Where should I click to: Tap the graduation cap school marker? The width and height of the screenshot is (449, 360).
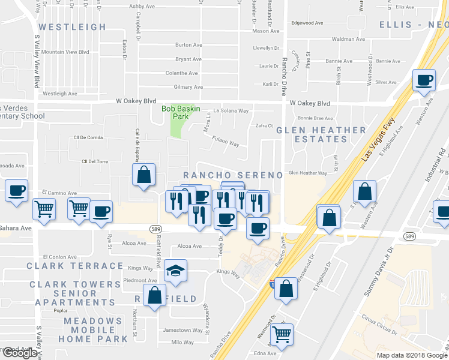(176, 272)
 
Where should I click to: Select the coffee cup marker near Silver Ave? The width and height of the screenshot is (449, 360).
(424, 80)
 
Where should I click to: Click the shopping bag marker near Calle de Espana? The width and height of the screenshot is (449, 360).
(144, 176)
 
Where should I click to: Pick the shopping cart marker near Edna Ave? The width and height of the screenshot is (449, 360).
(281, 334)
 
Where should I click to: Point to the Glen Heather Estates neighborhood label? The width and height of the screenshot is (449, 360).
(321, 134)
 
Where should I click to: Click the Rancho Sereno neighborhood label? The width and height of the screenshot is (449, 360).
(232, 175)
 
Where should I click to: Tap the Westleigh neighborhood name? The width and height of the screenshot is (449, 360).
(72, 27)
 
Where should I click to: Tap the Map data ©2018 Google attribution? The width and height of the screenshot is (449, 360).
(412, 355)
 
